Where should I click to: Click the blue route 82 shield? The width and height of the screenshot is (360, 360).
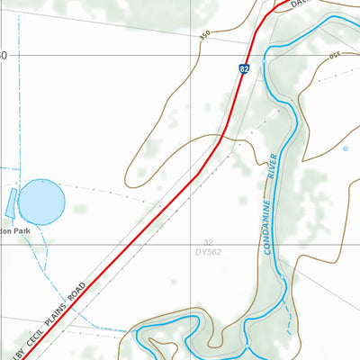click(244, 68)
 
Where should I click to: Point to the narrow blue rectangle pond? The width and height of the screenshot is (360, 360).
click(11, 202)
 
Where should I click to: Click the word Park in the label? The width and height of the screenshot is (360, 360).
click(21, 231)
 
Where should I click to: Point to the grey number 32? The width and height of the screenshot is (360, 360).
click(208, 242)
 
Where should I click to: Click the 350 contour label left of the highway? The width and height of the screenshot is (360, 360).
click(207, 35)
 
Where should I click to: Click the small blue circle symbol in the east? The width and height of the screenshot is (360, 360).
click(344, 148)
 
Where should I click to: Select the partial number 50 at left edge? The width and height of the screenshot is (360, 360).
click(3, 55)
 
